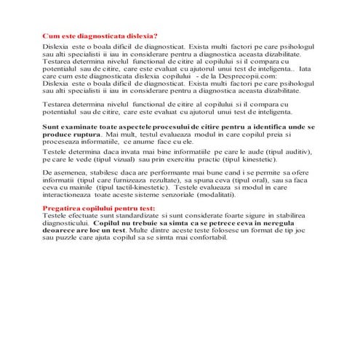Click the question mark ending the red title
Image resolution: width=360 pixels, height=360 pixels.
point(156,36)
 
